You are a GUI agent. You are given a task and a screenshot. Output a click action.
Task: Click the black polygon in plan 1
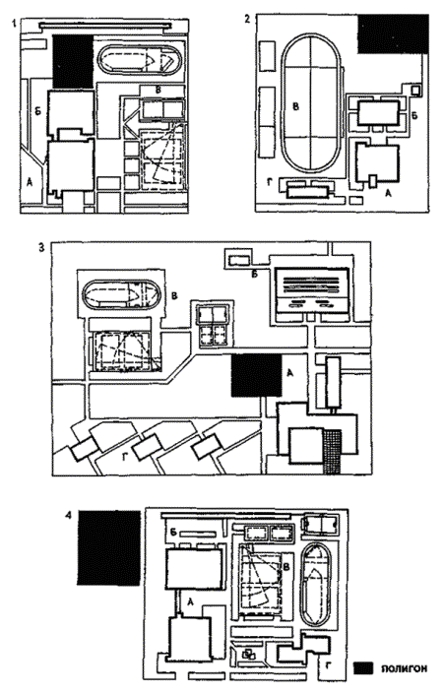(x=73, y=61)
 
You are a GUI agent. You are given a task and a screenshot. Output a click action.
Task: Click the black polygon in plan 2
(x=393, y=34)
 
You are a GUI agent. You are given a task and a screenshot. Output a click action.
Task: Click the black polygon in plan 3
(x=257, y=376)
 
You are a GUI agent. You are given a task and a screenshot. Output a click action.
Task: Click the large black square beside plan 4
(x=109, y=548)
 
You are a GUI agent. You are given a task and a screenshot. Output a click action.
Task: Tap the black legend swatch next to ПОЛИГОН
(x=363, y=668)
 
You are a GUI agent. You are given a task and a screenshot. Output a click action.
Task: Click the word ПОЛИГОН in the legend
(x=405, y=668)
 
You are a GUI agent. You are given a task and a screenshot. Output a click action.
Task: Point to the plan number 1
(x=15, y=24)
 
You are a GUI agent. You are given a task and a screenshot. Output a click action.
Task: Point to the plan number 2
(x=247, y=19)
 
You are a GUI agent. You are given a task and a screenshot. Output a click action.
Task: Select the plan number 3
(x=41, y=247)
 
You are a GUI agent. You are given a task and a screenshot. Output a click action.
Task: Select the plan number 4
(x=68, y=517)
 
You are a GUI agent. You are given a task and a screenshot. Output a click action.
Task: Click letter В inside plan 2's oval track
(x=296, y=106)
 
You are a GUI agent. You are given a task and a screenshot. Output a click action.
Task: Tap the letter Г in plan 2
(x=270, y=180)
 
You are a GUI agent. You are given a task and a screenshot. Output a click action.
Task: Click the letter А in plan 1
(x=30, y=182)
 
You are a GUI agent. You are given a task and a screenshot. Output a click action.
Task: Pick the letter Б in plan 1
(x=37, y=111)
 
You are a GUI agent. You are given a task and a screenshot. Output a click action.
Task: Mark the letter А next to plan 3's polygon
(x=290, y=373)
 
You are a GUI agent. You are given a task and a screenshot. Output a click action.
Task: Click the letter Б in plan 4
(x=173, y=533)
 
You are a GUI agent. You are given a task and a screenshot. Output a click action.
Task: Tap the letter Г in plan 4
(x=328, y=663)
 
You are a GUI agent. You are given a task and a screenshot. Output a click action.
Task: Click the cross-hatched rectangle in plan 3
(x=333, y=452)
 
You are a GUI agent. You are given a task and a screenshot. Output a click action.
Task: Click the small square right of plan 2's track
(x=414, y=90)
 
